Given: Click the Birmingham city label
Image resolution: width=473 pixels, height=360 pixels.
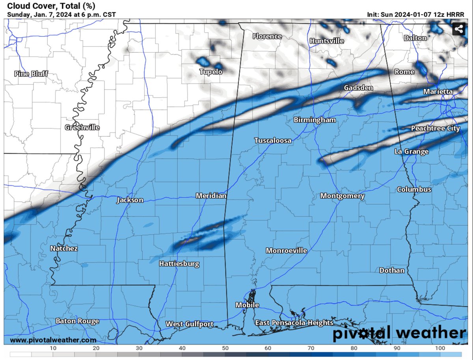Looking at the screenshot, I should [315, 120].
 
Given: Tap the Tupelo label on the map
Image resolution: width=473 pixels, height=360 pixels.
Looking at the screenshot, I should [210, 72].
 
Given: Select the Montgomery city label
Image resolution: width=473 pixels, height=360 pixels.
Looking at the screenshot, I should [342, 196].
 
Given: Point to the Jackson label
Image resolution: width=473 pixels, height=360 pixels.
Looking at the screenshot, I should [130, 200].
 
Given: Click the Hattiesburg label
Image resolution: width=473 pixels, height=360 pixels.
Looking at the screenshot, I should [179, 264].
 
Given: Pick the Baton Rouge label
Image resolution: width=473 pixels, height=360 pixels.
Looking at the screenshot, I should [77, 321].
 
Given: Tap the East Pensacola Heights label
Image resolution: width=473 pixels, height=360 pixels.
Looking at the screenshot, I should [294, 323].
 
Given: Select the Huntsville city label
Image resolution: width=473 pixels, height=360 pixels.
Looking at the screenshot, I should [327, 41].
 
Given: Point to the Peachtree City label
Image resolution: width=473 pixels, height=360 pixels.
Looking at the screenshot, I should [435, 128].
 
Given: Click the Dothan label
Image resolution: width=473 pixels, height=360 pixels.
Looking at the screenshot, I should [392, 270].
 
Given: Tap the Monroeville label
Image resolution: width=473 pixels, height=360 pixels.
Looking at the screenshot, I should [286, 251].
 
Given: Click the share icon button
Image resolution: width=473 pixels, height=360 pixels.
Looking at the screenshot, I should [458, 29].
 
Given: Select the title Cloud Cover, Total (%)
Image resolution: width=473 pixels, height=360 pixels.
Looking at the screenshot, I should [51, 6].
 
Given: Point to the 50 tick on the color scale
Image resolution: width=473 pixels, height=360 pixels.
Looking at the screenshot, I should [225, 348].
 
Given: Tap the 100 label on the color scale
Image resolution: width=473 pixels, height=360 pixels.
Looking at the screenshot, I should [440, 348].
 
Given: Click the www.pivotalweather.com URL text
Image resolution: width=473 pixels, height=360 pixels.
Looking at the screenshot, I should [53, 340].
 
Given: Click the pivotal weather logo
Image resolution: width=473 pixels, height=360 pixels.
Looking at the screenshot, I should [399, 334].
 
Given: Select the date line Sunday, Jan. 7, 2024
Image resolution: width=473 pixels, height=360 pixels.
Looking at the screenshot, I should [61, 15].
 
